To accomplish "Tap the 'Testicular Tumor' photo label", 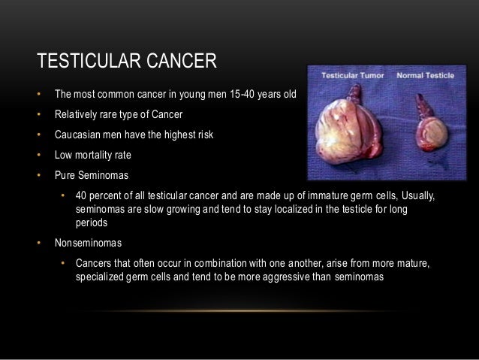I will [x=351, y=76].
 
